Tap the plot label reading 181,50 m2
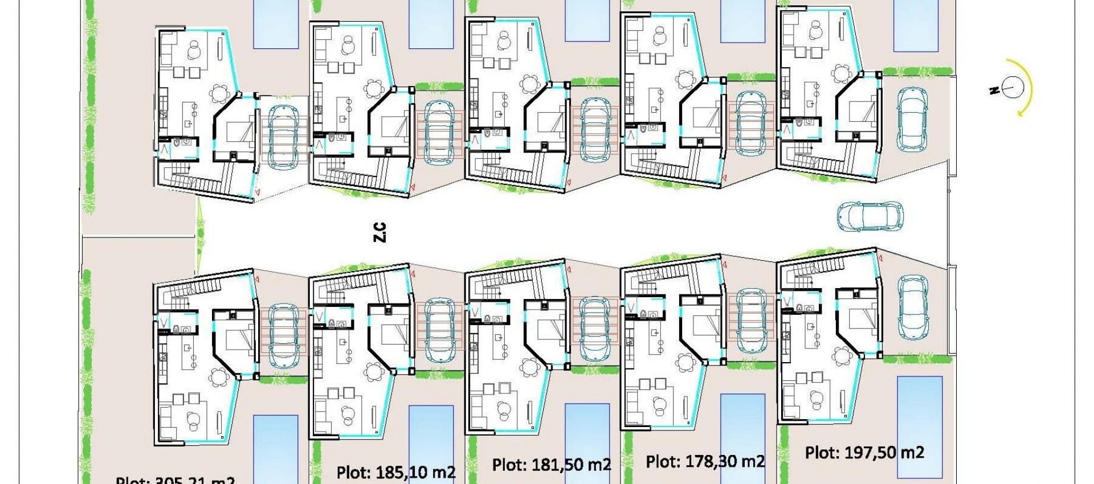(x=552, y=464)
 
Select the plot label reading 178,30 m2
(x=705, y=461)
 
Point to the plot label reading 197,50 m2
(x=864, y=453)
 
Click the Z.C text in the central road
(x=380, y=232)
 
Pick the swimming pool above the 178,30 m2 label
(x=742, y=436)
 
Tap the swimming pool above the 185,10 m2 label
(x=431, y=441)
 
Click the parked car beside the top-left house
(x=283, y=137)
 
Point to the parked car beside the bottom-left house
(x=283, y=335)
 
